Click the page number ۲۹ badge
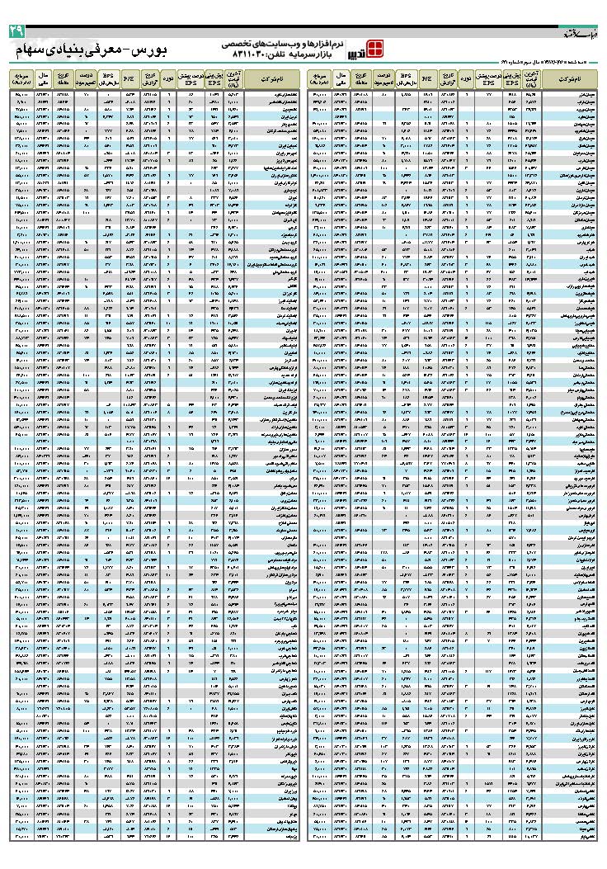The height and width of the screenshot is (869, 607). click(17, 31)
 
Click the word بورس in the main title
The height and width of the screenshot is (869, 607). click(148, 50)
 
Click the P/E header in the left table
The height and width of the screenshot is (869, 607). click(129, 79)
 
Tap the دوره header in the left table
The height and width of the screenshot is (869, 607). click(168, 79)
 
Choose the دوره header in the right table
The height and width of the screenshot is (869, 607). click(466, 79)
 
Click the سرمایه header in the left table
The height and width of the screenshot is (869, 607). click(21, 79)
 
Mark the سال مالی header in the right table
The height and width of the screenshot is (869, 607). click(338, 79)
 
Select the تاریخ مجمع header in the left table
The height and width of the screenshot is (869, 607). click(63, 79)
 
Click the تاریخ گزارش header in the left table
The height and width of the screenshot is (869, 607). click(150, 79)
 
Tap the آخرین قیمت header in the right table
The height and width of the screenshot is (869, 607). click(532, 79)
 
